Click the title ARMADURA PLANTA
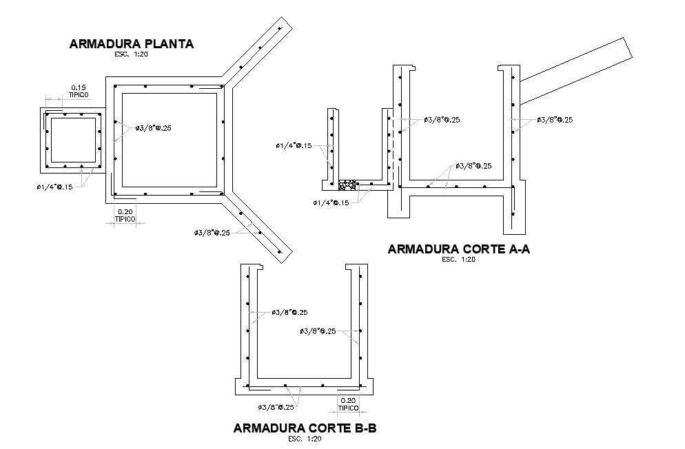pos(131,44)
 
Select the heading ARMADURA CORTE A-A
pos(458,249)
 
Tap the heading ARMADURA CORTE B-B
pos(305,428)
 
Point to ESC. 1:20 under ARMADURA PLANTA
pos(131,54)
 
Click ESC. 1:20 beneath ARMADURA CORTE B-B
pos(305,439)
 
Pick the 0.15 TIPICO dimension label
pos(78,90)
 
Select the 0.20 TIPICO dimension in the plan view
pos(125,215)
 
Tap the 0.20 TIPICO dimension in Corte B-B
pos(348,403)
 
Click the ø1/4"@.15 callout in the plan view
pos(54,187)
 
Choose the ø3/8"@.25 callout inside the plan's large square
pos(153,128)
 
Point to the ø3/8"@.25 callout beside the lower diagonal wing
pos(212,232)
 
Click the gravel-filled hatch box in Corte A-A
pos(347,185)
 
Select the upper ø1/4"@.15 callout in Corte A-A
pos(293,145)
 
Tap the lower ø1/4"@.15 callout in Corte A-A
pos(331,202)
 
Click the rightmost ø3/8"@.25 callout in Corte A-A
pos(555,120)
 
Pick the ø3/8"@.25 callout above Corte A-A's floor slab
pos(473,166)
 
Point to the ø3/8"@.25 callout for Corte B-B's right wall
pos(318,331)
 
